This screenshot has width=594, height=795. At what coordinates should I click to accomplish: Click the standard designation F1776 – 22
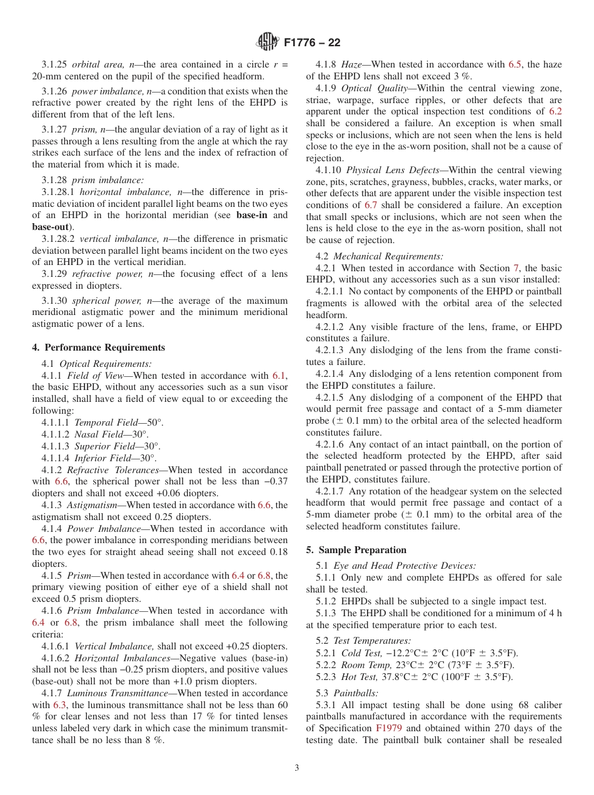(x=312, y=42)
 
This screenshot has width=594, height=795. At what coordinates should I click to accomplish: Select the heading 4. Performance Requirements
(x=99, y=347)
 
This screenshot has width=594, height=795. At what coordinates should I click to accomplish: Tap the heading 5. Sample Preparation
(x=356, y=550)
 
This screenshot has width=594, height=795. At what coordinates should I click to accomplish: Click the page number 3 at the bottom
(x=297, y=768)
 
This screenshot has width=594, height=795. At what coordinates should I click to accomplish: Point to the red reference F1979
(x=386, y=728)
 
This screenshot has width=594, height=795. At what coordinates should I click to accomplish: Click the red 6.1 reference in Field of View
(x=279, y=376)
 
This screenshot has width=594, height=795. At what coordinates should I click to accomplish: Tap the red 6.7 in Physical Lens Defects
(x=371, y=205)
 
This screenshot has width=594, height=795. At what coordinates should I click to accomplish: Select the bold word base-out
(x=50, y=227)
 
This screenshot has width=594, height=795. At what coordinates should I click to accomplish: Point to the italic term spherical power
(x=99, y=301)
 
